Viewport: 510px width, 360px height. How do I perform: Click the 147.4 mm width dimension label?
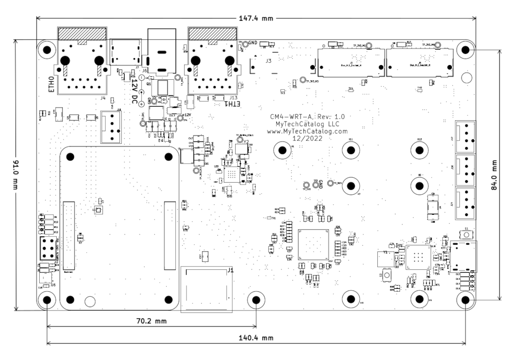click(x=255, y=18)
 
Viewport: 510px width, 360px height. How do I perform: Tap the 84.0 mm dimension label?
click(x=494, y=175)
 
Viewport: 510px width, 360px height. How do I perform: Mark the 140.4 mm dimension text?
click(x=255, y=338)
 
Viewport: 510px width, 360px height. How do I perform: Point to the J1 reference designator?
click(x=230, y=270)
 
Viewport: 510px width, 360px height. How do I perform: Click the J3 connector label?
click(x=268, y=61)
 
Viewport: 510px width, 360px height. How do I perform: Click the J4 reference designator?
click(x=103, y=98)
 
